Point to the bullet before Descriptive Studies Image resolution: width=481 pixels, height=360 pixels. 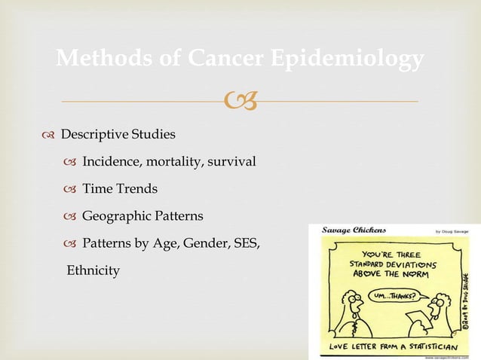coord(50,135)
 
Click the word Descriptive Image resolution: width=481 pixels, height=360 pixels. coord(93,135)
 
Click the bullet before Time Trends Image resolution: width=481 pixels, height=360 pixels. coord(71,189)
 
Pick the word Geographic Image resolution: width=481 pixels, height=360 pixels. coord(116,216)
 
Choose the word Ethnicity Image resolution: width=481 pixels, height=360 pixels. coord(93,270)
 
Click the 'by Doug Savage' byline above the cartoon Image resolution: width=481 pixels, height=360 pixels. coord(445,230)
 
